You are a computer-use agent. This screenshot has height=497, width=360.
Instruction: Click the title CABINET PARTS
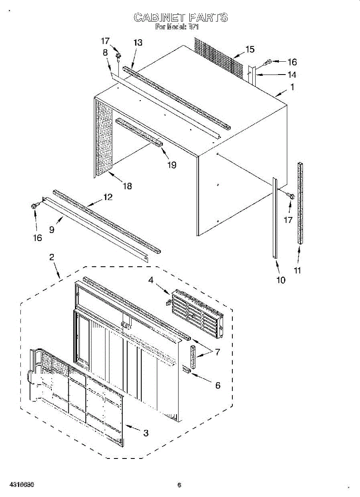point(181,17)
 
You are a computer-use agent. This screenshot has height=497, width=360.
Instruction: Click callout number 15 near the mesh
point(250,49)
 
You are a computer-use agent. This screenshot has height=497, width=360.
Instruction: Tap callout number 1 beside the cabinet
point(292,87)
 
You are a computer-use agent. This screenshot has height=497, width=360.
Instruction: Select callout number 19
point(172,165)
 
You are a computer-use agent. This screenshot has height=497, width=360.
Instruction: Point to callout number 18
point(127,186)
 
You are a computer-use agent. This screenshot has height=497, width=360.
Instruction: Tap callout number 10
point(281,280)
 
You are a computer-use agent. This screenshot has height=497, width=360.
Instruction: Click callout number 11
point(297,270)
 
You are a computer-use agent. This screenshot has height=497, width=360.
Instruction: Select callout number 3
point(146,433)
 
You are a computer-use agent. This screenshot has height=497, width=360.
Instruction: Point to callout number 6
point(217,385)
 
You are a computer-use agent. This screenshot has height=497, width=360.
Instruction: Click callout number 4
point(151,280)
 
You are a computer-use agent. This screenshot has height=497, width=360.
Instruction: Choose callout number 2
point(51,257)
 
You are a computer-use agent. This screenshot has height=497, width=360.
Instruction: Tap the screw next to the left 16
point(34,205)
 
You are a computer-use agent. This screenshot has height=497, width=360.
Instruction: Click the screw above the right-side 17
point(290,195)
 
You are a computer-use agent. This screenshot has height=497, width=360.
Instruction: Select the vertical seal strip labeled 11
point(299,203)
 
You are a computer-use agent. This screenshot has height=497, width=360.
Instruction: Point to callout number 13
point(138,42)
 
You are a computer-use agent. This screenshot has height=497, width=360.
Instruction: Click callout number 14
point(292,75)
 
